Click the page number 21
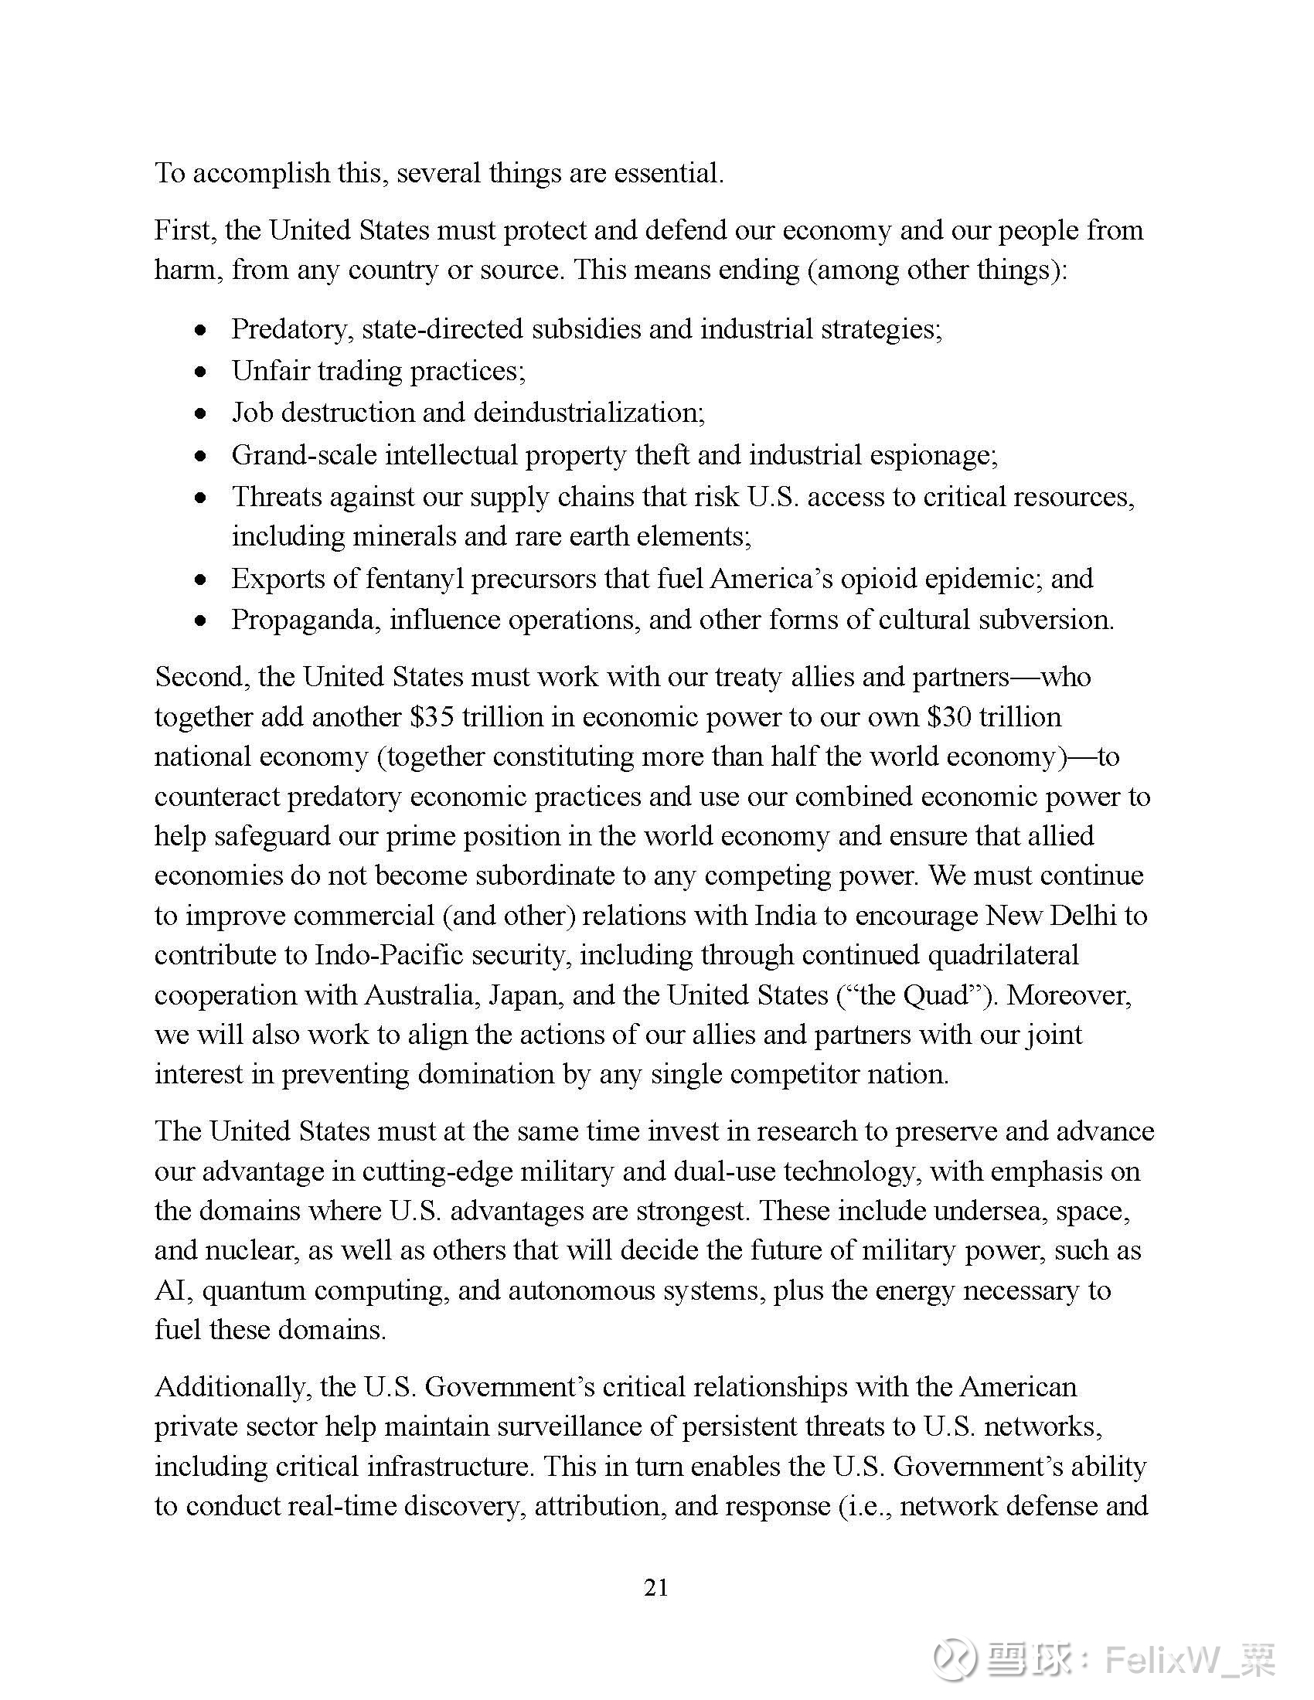[x=656, y=1588]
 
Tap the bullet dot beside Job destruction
[x=202, y=414]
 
